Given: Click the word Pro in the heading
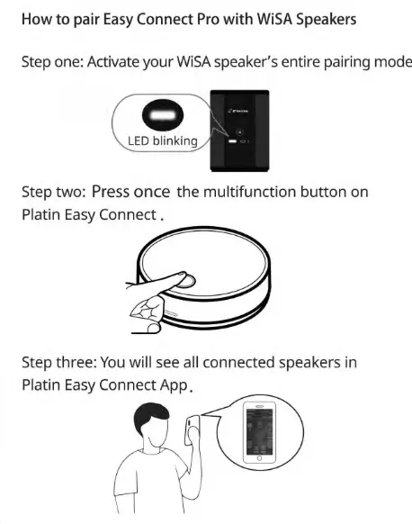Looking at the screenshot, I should click(x=196, y=19).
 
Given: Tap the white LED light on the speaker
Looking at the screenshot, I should click(x=233, y=142).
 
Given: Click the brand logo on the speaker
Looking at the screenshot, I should click(x=241, y=112).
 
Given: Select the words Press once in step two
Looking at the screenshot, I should click(x=131, y=193).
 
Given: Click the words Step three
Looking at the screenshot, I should click(x=60, y=362).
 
